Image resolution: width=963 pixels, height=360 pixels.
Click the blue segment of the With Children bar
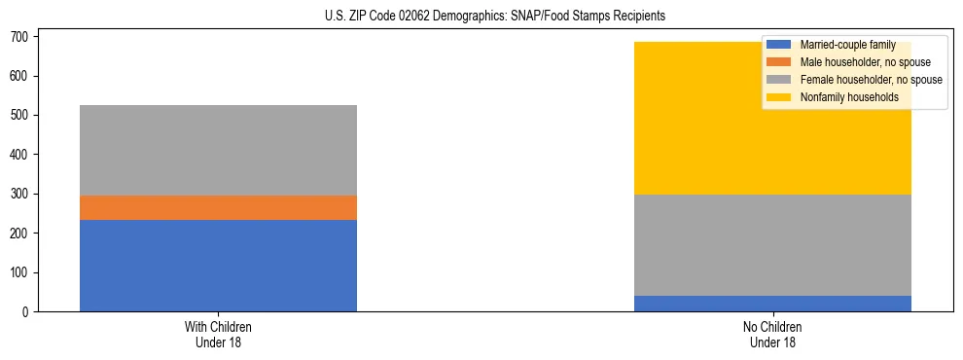(218, 266)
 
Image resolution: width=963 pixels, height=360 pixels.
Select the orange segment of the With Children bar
(218, 207)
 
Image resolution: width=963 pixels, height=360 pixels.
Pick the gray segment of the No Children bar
(772, 244)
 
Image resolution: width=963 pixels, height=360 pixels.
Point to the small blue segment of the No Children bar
(772, 304)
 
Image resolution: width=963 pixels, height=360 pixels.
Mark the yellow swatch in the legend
(779, 97)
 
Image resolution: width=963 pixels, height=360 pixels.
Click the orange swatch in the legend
(779, 62)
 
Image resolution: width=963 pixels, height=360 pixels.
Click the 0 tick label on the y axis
(30, 312)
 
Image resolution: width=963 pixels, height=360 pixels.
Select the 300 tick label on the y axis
(24, 195)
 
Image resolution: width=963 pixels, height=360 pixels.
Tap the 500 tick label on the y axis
(24, 116)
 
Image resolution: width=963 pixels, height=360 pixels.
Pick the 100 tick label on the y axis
(24, 273)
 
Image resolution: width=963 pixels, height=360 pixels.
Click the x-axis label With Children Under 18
(218, 334)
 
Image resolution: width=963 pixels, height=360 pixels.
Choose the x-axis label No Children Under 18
(772, 334)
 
